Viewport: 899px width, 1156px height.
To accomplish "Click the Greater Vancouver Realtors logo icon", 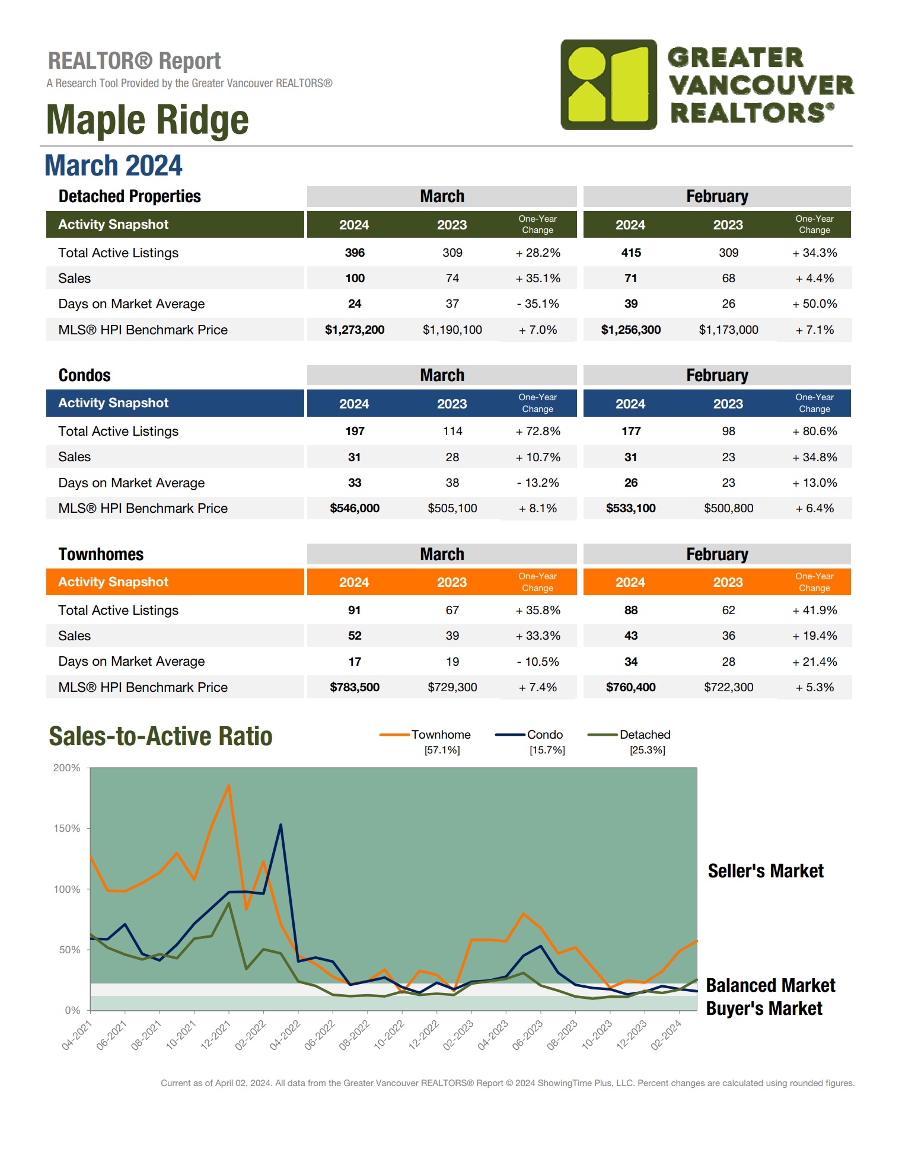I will pyautogui.click(x=608, y=85).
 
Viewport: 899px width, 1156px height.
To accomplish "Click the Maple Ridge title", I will pyautogui.click(x=147, y=120).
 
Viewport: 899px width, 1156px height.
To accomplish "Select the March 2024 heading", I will pyautogui.click(x=113, y=165).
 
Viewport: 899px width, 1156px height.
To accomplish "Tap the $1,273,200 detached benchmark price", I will pyautogui.click(x=354, y=330).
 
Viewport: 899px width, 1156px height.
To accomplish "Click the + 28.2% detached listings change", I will pyautogui.click(x=537, y=253).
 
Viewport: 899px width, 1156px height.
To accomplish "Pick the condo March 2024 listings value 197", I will pyautogui.click(x=355, y=432).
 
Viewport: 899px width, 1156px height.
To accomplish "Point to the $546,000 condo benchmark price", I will pyautogui.click(x=354, y=509).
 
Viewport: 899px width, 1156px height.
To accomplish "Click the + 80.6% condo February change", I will pyautogui.click(x=814, y=432).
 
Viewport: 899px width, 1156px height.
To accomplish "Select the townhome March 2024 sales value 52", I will pyautogui.click(x=355, y=636).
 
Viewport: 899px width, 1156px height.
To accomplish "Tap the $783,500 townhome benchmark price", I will pyautogui.click(x=354, y=688).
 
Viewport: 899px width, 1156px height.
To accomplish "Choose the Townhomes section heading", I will pyautogui.click(x=101, y=554).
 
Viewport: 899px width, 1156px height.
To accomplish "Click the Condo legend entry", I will pyautogui.click(x=544, y=735).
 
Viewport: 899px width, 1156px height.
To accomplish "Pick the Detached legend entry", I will pyautogui.click(x=644, y=735).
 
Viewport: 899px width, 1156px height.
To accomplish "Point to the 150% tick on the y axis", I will pyautogui.click(x=67, y=829).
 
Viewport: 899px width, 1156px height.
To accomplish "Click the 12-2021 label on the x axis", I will pyautogui.click(x=215, y=1034).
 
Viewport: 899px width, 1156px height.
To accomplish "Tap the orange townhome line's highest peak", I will pyautogui.click(x=229, y=785).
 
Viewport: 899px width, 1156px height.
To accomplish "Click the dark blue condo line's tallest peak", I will pyautogui.click(x=280, y=825).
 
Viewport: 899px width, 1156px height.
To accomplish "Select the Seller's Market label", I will pyautogui.click(x=765, y=871).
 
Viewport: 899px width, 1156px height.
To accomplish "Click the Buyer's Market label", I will pyautogui.click(x=764, y=1008).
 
